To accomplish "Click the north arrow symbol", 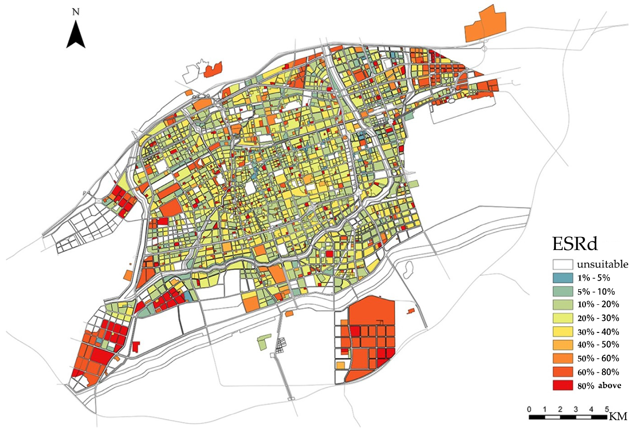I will point(76,35).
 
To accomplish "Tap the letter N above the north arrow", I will point(76,12).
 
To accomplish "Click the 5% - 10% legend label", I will point(596,292).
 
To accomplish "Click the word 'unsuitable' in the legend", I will point(602,265).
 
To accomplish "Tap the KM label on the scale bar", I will point(618,416).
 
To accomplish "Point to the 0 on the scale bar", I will point(529,409).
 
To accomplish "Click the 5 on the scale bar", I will point(607,409).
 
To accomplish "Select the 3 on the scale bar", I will point(576,409).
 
